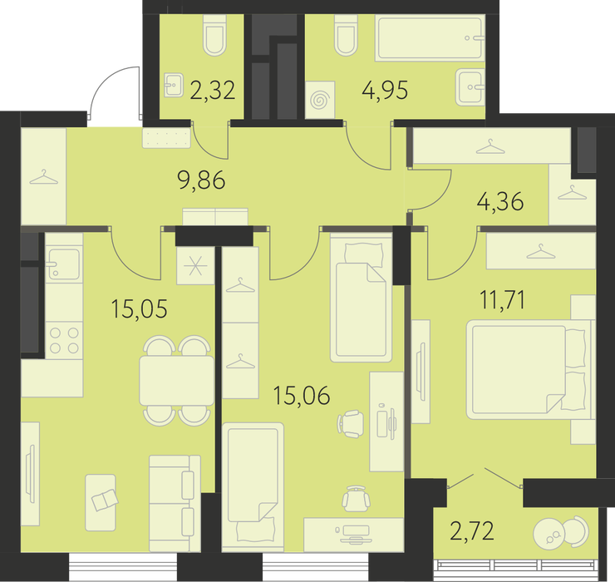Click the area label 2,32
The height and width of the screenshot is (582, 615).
[213, 90]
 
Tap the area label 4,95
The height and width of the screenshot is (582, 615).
[385, 90]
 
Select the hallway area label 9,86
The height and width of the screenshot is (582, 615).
[202, 180]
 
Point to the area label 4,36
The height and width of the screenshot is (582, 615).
[500, 202]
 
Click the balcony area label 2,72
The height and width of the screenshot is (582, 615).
[472, 532]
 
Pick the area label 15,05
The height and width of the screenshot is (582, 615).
[140, 308]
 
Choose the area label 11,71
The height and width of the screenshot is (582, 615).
[503, 300]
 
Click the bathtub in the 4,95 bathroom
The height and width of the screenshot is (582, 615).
[430, 38]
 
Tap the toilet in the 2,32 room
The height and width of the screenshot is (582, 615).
[215, 35]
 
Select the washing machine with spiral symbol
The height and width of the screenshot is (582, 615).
[320, 100]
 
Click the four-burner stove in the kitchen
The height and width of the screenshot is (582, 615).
[64, 340]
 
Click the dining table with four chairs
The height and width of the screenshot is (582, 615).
[176, 380]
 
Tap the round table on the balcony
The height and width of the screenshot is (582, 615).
[549, 532]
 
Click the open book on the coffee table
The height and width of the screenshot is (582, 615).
[105, 500]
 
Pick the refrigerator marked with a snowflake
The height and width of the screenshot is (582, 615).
[195, 266]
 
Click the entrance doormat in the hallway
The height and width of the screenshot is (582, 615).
[167, 138]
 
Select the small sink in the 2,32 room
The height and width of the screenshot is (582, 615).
[174, 85]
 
